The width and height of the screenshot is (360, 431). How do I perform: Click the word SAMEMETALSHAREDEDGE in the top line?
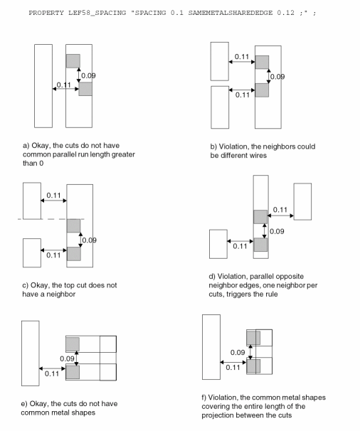[231, 13]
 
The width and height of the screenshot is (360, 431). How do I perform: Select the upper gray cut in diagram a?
[73, 61]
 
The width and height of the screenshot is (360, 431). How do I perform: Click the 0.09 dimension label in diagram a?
[88, 75]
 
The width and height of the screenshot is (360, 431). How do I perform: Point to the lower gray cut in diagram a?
[85, 89]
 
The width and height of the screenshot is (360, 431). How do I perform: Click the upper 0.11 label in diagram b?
[242, 57]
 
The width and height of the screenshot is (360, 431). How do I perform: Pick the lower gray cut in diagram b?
[262, 90]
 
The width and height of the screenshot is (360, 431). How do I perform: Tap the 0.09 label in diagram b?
[277, 77]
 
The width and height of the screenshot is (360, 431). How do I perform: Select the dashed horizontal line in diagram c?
[51, 219]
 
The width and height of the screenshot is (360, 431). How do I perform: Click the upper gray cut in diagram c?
[74, 226]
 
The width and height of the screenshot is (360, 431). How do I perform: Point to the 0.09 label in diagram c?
[90, 240]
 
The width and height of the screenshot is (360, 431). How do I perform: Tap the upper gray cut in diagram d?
[260, 217]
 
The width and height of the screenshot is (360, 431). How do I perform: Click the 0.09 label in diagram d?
[277, 231]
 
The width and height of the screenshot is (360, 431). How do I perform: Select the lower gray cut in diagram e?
[73, 372]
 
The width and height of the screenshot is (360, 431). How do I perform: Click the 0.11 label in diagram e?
[52, 374]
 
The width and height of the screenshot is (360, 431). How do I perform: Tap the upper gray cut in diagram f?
[253, 338]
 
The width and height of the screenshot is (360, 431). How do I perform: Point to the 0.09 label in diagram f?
[238, 352]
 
